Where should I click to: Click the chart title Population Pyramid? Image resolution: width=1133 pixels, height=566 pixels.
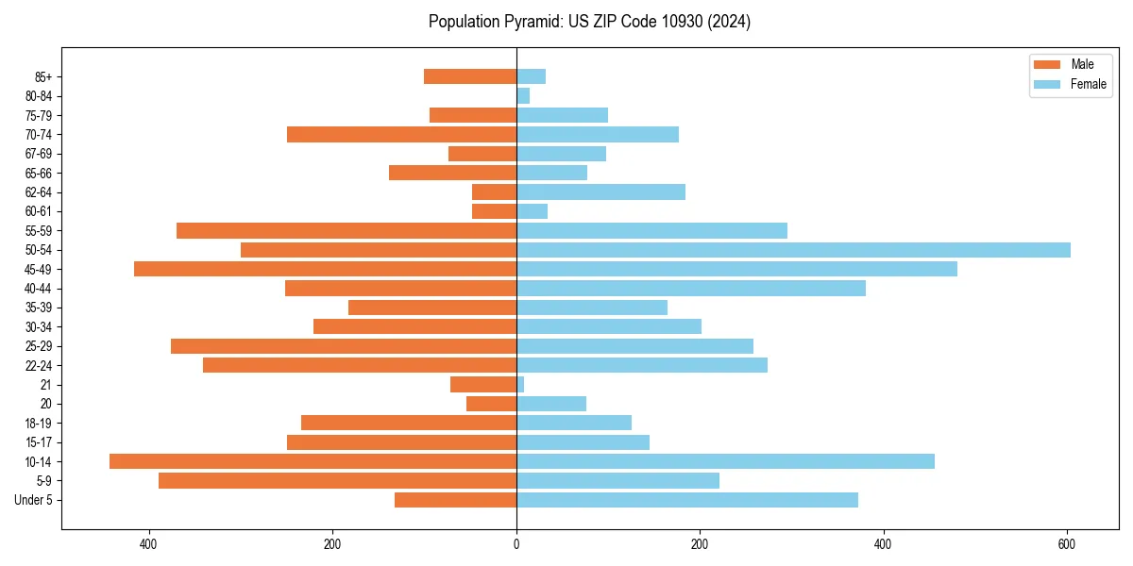tap(589, 22)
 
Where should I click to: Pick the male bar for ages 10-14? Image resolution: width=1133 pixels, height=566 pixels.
tap(313, 461)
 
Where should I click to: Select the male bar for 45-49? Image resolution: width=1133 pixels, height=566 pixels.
tap(325, 269)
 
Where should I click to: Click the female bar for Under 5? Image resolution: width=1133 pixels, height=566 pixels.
tap(686, 500)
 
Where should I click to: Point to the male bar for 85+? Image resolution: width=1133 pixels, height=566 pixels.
tap(470, 76)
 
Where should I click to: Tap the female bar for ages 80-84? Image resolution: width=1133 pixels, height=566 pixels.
tap(523, 96)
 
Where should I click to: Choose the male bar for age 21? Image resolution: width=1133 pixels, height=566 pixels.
tap(483, 385)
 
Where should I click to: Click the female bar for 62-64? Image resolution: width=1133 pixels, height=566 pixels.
tap(600, 192)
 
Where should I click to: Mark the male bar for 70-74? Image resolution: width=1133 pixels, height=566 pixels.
tap(401, 135)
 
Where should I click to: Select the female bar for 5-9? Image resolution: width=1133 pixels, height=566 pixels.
tap(617, 481)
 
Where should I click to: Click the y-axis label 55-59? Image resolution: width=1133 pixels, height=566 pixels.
tap(38, 231)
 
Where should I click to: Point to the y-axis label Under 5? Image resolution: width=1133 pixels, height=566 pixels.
tap(34, 500)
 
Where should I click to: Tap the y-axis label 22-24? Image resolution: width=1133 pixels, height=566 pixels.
tap(38, 366)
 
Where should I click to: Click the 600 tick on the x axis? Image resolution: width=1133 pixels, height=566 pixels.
tap(1067, 544)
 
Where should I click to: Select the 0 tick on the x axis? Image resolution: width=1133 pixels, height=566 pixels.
tap(516, 544)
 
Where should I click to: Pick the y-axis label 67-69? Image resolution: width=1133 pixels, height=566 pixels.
tap(38, 154)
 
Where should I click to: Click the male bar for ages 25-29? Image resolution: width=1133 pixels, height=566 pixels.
tap(344, 346)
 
